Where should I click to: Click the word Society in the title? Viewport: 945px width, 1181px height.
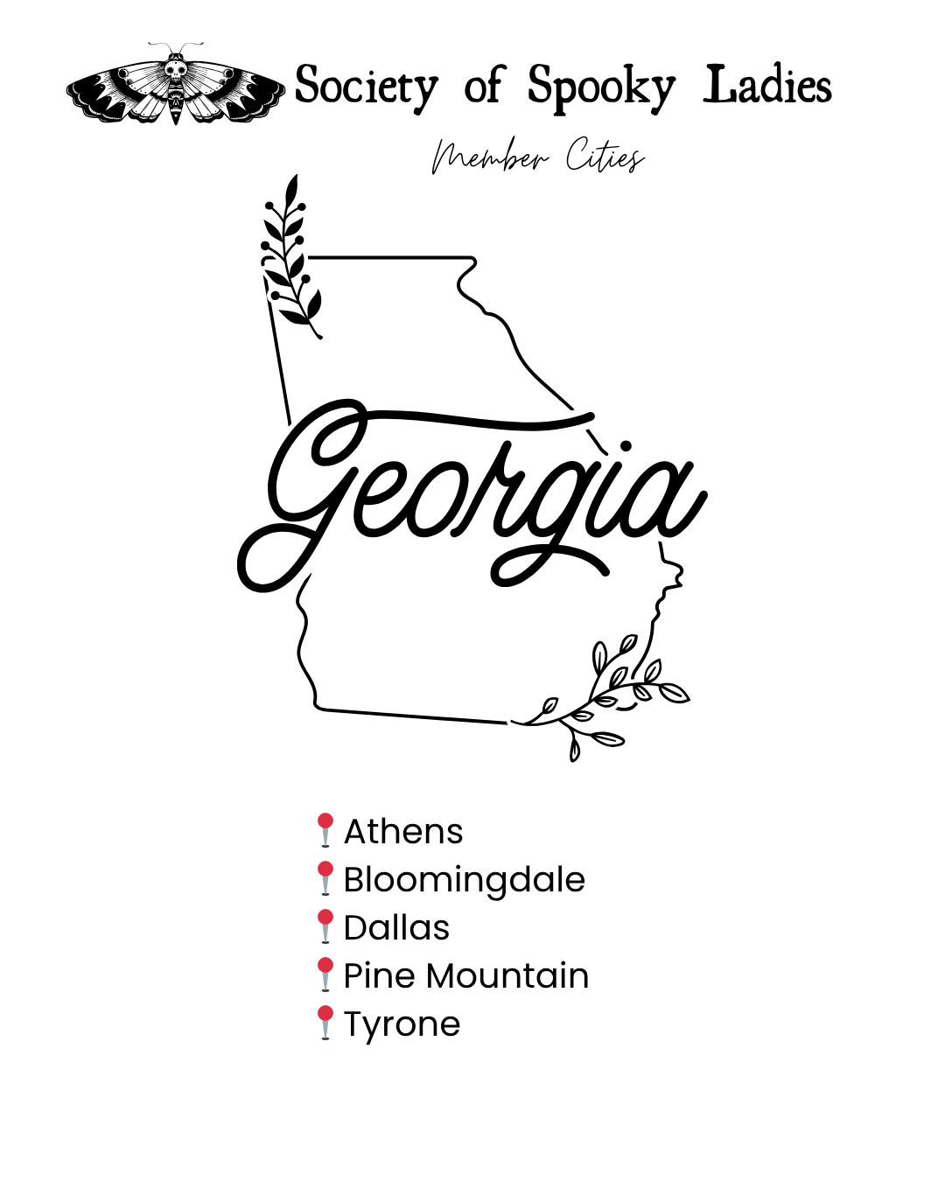366,87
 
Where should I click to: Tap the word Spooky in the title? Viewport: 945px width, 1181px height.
601,87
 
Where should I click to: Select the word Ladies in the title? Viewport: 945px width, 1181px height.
767,85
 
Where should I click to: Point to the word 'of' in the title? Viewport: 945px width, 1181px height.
484,86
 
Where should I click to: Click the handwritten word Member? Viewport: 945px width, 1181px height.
490,157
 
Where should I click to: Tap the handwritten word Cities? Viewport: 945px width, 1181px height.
605,157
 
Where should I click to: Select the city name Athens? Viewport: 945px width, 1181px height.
403,831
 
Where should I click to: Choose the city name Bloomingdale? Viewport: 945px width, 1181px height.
464,879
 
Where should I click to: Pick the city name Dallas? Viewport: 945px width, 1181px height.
396,927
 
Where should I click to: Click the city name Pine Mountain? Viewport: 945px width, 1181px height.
465,975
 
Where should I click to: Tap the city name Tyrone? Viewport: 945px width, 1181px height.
402,1024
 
